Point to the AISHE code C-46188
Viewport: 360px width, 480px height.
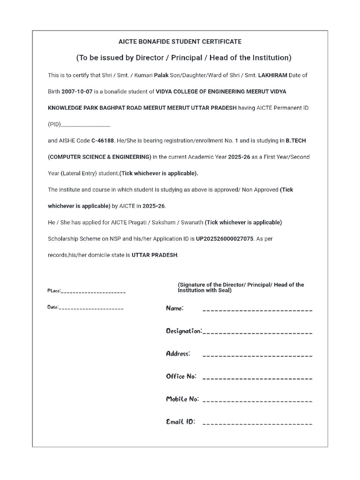click(x=103, y=140)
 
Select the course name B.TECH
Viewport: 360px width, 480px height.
click(x=296, y=140)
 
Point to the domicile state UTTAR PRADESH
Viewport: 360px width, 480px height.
click(x=155, y=255)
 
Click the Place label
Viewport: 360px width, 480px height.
click(x=54, y=291)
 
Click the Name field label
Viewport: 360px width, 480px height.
click(x=175, y=308)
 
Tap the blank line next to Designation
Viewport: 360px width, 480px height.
click(x=257, y=332)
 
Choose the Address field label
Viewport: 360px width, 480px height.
click(x=178, y=353)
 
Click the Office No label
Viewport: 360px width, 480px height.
click(x=181, y=376)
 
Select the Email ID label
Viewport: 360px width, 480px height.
click(x=180, y=422)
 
